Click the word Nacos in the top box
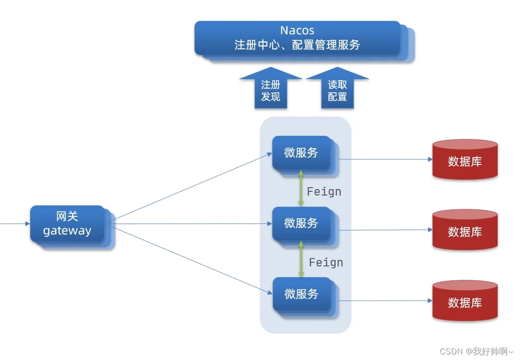pos(297,31)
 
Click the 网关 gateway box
pos(68,224)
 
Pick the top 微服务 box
pos(301,153)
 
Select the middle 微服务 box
pos(301,223)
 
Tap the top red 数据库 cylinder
pos(464,160)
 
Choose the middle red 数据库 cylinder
pos(464,230)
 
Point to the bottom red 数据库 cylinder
pos(464,301)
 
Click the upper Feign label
pos(324,191)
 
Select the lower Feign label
pos(326,262)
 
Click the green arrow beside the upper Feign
pos(301,188)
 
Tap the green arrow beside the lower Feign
pos(301,259)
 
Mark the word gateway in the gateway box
pos(67,231)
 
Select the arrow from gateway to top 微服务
pos(190,187)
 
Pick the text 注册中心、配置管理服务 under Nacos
pos(297,45)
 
